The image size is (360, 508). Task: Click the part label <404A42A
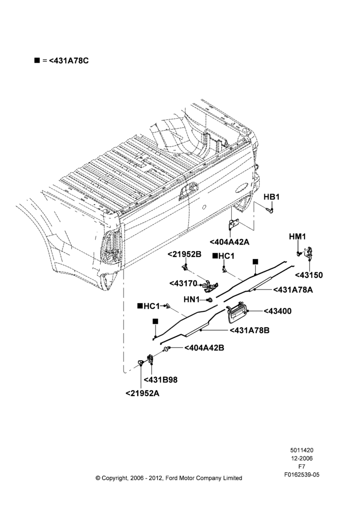(229, 242)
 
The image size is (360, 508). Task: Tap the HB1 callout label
(272, 197)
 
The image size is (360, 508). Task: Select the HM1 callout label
(297, 237)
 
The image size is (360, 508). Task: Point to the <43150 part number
(309, 275)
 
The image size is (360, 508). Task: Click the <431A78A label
(293, 290)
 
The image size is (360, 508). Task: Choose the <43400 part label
(278, 311)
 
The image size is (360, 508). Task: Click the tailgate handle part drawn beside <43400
(237, 312)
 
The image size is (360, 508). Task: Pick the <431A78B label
(249, 331)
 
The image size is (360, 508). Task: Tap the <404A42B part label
(204, 347)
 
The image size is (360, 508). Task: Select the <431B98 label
(161, 379)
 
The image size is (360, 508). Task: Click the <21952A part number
(142, 393)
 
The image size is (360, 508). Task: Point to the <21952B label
(185, 255)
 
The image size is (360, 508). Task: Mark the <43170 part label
(183, 283)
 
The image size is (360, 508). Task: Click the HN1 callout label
(192, 300)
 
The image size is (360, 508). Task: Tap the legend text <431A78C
(69, 60)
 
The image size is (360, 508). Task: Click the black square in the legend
(37, 60)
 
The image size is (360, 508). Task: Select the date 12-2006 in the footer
(302, 458)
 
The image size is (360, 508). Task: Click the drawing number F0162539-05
(302, 474)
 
